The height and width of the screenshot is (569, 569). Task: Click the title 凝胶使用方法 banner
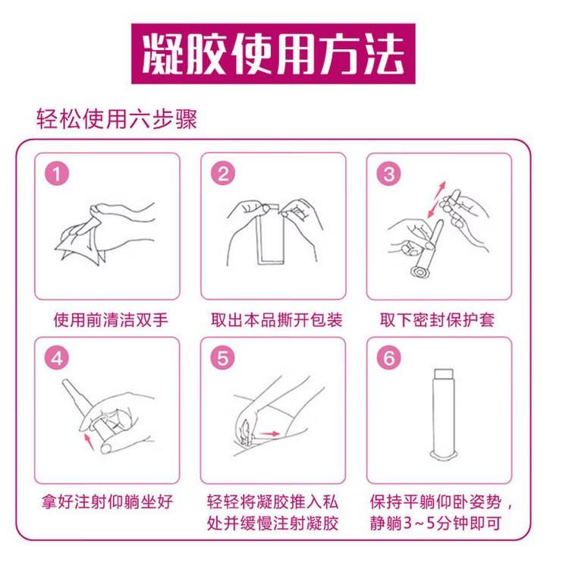[273, 54]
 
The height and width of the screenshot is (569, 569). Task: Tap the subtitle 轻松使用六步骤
[117, 118]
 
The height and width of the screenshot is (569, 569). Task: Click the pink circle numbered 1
[57, 174]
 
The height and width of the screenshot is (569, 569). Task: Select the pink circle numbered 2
[223, 174]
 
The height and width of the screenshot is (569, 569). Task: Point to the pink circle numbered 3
[389, 174]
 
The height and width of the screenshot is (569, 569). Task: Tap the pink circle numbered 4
[57, 358]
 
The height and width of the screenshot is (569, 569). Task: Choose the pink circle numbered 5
[223, 358]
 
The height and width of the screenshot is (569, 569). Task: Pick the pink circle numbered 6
[389, 358]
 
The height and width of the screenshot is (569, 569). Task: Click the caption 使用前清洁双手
[111, 320]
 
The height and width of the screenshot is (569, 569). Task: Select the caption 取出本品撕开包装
[276, 320]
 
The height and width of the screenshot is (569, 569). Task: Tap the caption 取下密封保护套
[437, 320]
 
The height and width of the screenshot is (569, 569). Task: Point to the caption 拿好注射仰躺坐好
[107, 502]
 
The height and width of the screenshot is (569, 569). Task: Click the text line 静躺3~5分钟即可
[435, 523]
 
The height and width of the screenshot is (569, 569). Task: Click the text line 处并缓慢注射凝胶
[273, 523]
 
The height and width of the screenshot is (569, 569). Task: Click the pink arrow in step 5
[270, 433]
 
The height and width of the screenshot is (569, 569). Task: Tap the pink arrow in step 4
[89, 442]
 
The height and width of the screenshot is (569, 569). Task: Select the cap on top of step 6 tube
[444, 374]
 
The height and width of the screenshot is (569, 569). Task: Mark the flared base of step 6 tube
[443, 454]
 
